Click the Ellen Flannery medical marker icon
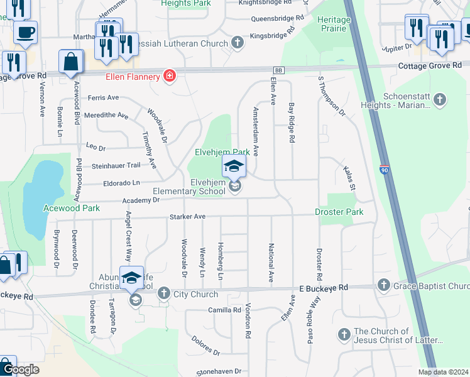point(169,77)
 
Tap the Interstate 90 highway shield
point(384,170)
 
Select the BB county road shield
point(278,70)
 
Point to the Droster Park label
point(339,212)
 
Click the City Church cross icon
point(164,293)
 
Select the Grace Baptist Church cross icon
point(384,287)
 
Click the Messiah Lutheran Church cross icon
point(237,43)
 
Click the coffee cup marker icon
point(25,32)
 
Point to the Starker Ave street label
point(187,217)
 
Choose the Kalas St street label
point(349,179)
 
